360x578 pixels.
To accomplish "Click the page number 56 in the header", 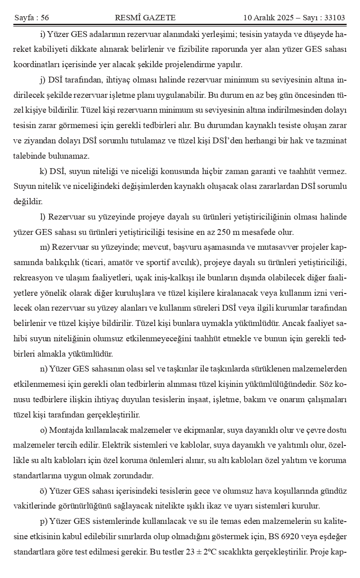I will pos(45,18).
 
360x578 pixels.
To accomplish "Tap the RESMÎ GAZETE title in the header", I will pos(145,18).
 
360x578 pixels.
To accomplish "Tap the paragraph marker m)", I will pos(45,247).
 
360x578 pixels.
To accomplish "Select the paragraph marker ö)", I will pos(43,491).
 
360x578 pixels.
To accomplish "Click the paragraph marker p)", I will pos(43,521).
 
